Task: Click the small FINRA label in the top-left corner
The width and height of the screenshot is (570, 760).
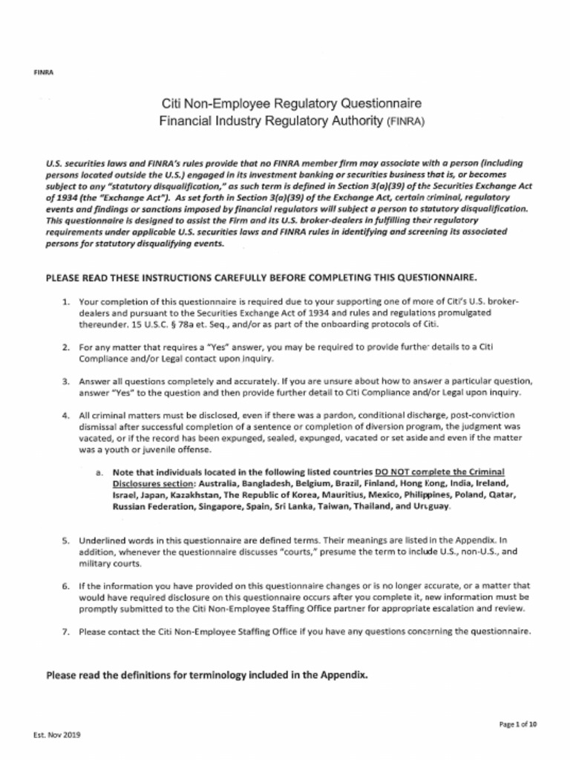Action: [x=43, y=72]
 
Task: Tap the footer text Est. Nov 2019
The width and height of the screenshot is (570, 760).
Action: [x=57, y=735]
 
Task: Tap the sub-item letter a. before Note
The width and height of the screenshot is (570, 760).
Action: [x=99, y=472]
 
